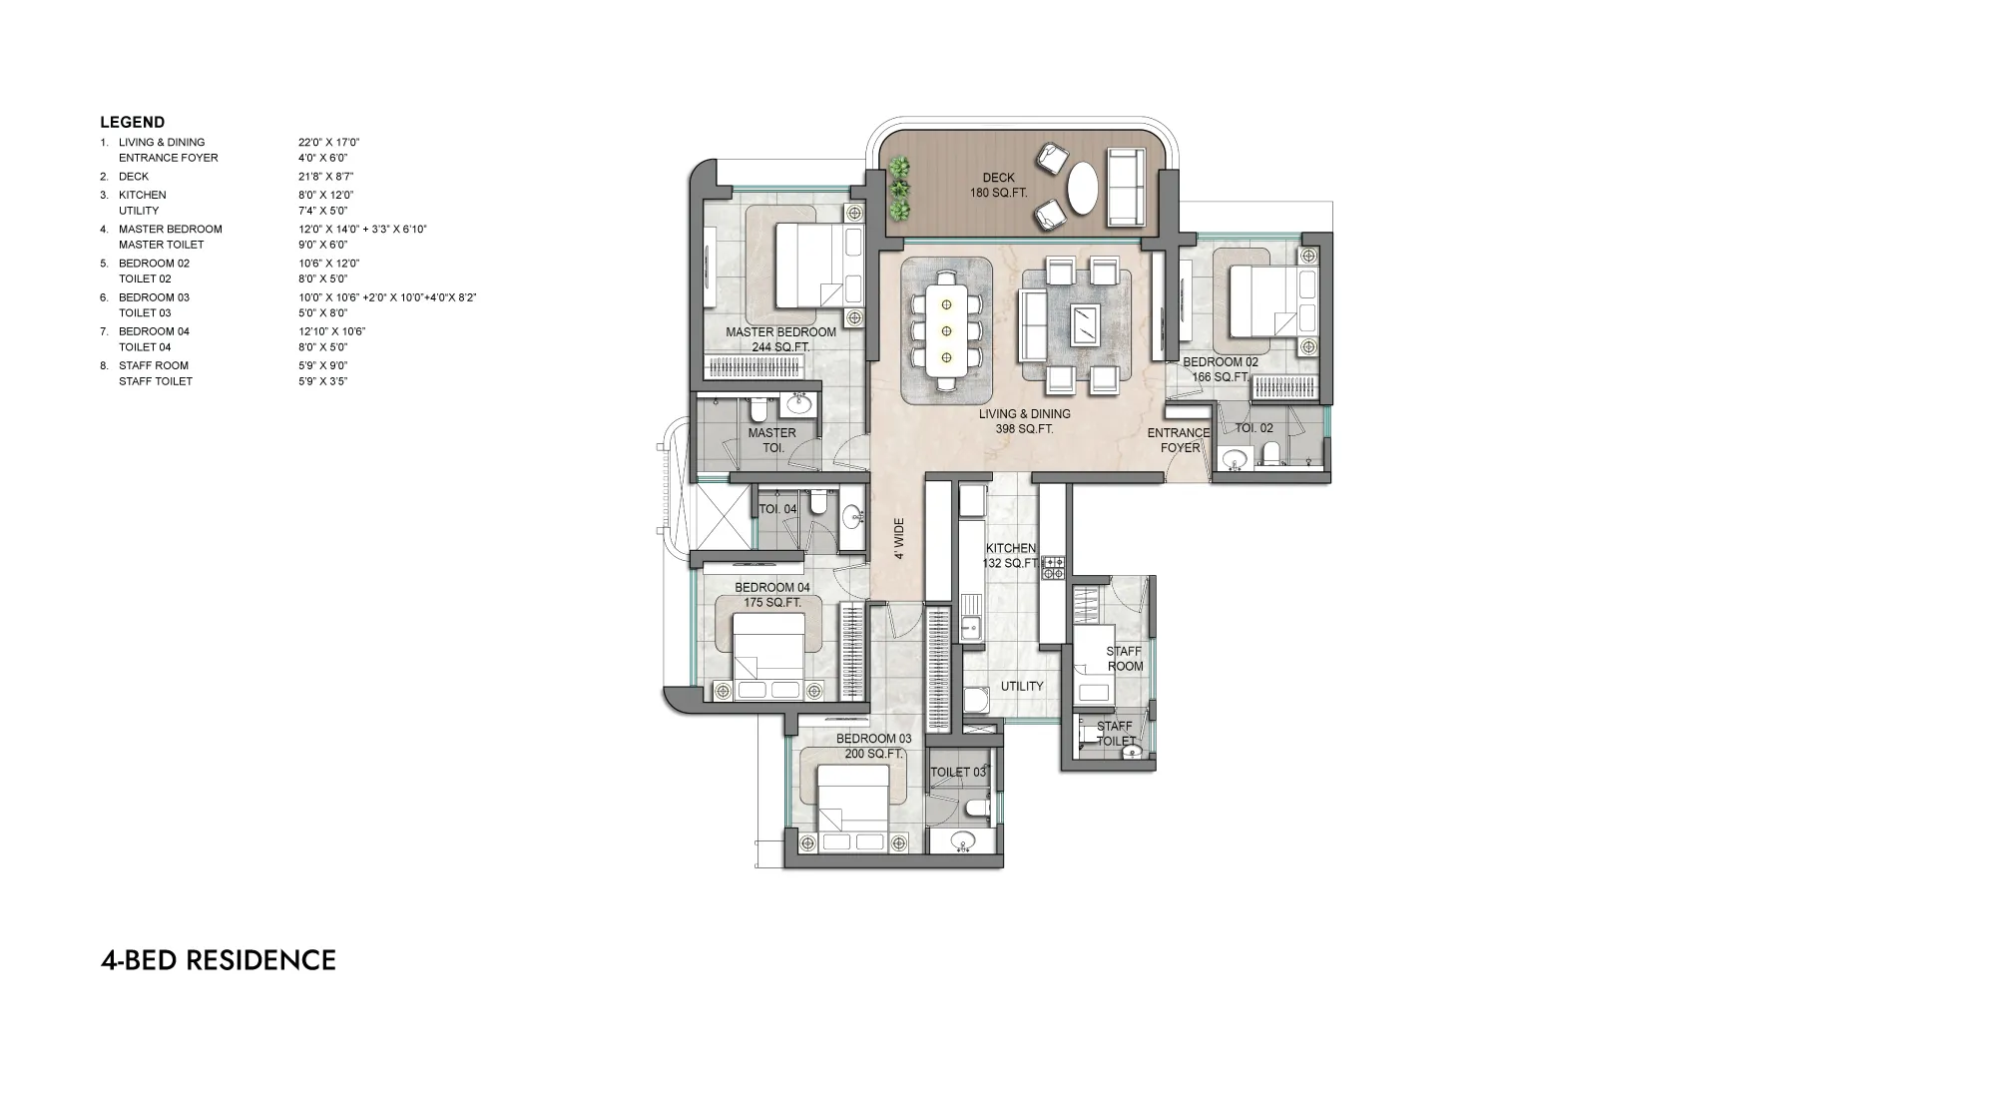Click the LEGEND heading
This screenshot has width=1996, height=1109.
coord(132,123)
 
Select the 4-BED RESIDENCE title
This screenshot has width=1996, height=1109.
coord(218,960)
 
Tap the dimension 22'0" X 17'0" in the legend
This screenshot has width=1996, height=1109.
coord(328,143)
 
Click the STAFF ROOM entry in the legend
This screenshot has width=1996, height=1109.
coord(153,365)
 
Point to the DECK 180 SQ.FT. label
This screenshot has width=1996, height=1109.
coord(998,185)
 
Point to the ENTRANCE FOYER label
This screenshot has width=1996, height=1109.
coord(1179,440)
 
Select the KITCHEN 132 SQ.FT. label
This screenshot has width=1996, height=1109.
coord(1011,556)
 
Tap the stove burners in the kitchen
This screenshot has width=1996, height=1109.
coord(1054,569)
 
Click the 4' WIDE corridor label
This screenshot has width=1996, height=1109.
coord(899,538)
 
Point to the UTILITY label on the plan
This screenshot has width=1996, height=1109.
coord(1022,686)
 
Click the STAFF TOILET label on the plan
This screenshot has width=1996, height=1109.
coord(1115,734)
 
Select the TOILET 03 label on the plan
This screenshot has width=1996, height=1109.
coord(958,773)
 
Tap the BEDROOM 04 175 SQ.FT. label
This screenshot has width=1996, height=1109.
coord(772,595)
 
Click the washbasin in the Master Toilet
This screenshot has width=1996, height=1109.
coord(798,404)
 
